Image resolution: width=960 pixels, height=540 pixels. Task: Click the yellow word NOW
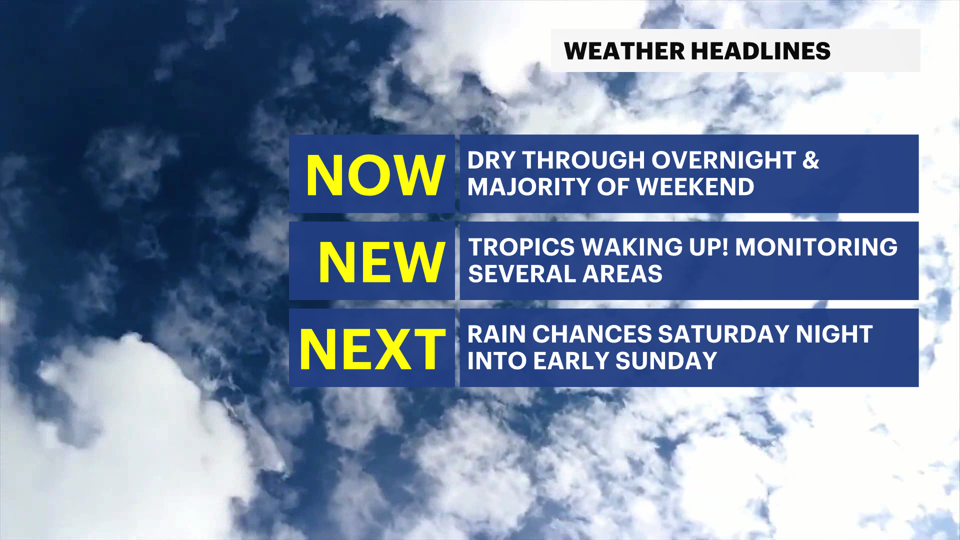click(375, 175)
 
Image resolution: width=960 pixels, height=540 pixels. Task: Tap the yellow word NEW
click(381, 262)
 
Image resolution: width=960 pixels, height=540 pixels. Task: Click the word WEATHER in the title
click(624, 51)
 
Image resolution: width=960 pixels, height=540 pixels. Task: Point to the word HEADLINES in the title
click(760, 51)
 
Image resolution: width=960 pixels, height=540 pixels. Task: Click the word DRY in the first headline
click(491, 160)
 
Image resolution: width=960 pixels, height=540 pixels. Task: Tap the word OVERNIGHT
click(723, 160)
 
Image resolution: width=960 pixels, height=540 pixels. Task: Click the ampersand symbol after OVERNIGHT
click(811, 160)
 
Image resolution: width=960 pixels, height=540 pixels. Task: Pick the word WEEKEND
click(695, 187)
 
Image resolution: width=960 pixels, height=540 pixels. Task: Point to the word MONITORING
click(816, 247)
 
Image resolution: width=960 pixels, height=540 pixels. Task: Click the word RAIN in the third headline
click(496, 334)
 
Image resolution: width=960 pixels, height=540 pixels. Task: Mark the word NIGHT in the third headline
click(834, 334)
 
